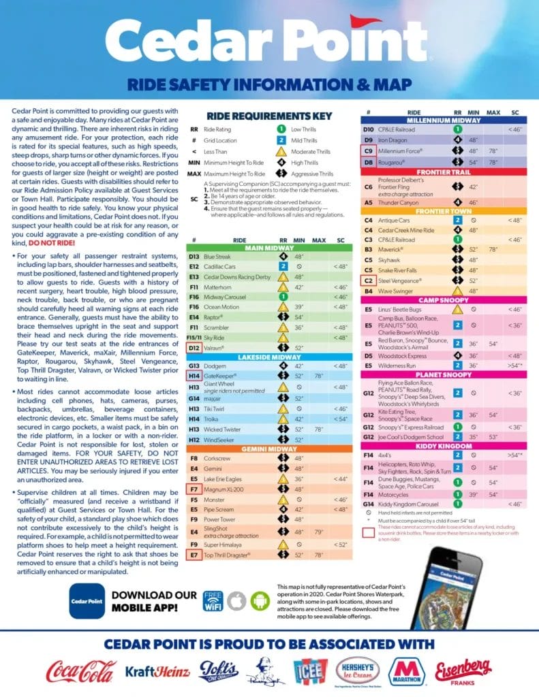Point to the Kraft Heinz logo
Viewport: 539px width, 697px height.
(157, 672)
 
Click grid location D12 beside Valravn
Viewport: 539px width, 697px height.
(194, 347)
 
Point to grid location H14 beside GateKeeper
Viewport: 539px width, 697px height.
(194, 375)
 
